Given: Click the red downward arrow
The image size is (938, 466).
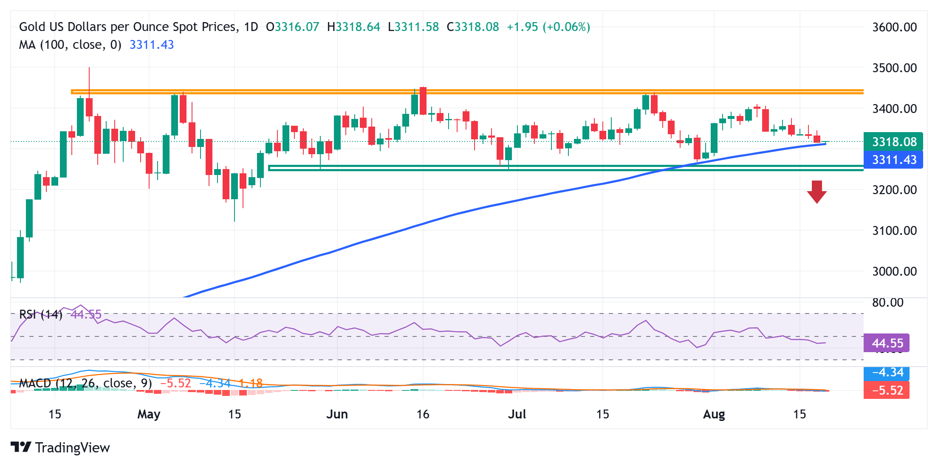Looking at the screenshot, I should [x=817, y=192].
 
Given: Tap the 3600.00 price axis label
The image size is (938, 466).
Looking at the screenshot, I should [x=894, y=27].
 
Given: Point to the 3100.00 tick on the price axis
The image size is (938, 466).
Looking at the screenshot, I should [x=894, y=231].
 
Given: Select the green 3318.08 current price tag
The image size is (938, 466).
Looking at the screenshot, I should [x=894, y=142].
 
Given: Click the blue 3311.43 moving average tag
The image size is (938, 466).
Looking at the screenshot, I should [x=894, y=160].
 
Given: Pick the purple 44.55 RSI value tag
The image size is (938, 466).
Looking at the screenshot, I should [x=887, y=343].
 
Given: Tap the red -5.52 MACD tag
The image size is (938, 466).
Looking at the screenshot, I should [x=887, y=390].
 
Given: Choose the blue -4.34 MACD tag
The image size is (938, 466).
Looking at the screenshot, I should [x=887, y=373].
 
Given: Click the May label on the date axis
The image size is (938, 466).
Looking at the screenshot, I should [x=149, y=414].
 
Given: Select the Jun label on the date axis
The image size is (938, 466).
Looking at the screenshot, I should [x=337, y=414].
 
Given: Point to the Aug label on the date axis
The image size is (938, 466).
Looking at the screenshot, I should [x=714, y=414].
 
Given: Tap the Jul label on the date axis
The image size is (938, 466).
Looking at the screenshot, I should [x=517, y=414].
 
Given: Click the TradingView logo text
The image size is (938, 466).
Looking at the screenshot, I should [x=72, y=448].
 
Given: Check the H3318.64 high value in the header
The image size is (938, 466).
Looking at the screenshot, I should [x=353, y=27].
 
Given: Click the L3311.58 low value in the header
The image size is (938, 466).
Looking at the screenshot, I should [x=413, y=27].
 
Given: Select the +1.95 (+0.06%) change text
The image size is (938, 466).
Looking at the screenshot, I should [x=548, y=27].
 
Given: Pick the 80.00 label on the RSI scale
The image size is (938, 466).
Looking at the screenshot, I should [x=887, y=303].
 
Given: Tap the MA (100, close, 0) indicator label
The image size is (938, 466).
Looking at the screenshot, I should [x=70, y=45].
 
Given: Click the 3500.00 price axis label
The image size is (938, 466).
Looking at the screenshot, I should [x=894, y=68].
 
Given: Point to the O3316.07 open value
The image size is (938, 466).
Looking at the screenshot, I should [x=292, y=27].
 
